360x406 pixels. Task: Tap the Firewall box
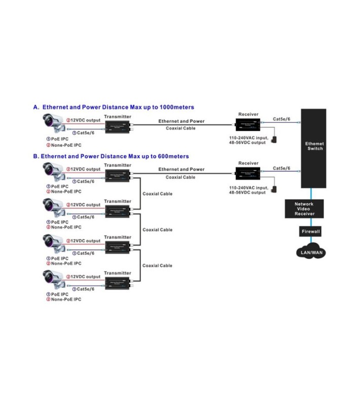311,231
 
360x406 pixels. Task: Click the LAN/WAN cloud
310,252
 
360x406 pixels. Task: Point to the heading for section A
113,107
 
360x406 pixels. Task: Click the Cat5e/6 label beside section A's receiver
282,119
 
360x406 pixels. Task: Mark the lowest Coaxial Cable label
157,265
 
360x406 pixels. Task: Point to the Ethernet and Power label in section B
181,170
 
